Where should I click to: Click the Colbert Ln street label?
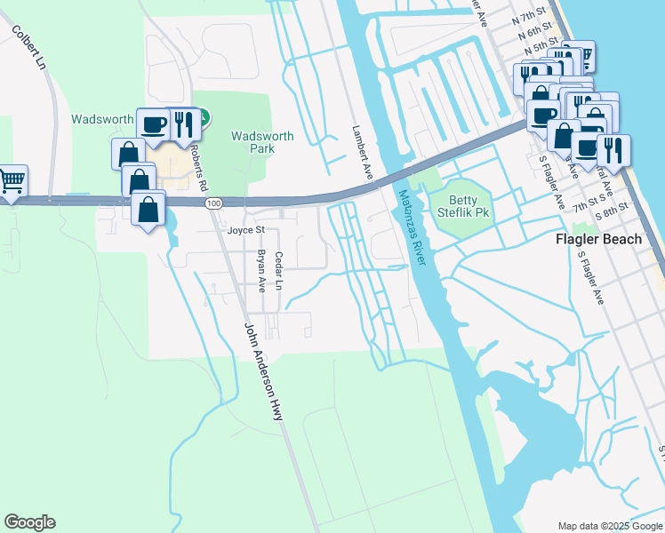[29, 47]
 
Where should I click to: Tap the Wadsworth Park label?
[262, 142]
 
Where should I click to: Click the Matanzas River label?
[413, 228]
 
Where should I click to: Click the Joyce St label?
[246, 229]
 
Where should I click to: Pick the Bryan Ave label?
[261, 271]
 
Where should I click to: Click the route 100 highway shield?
[212, 203]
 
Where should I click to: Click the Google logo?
[29, 522]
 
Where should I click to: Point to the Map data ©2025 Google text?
[610, 525]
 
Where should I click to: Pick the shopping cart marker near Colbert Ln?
[12, 180]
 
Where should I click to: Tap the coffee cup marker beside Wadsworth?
[153, 123]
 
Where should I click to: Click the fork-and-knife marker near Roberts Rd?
[180, 123]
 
